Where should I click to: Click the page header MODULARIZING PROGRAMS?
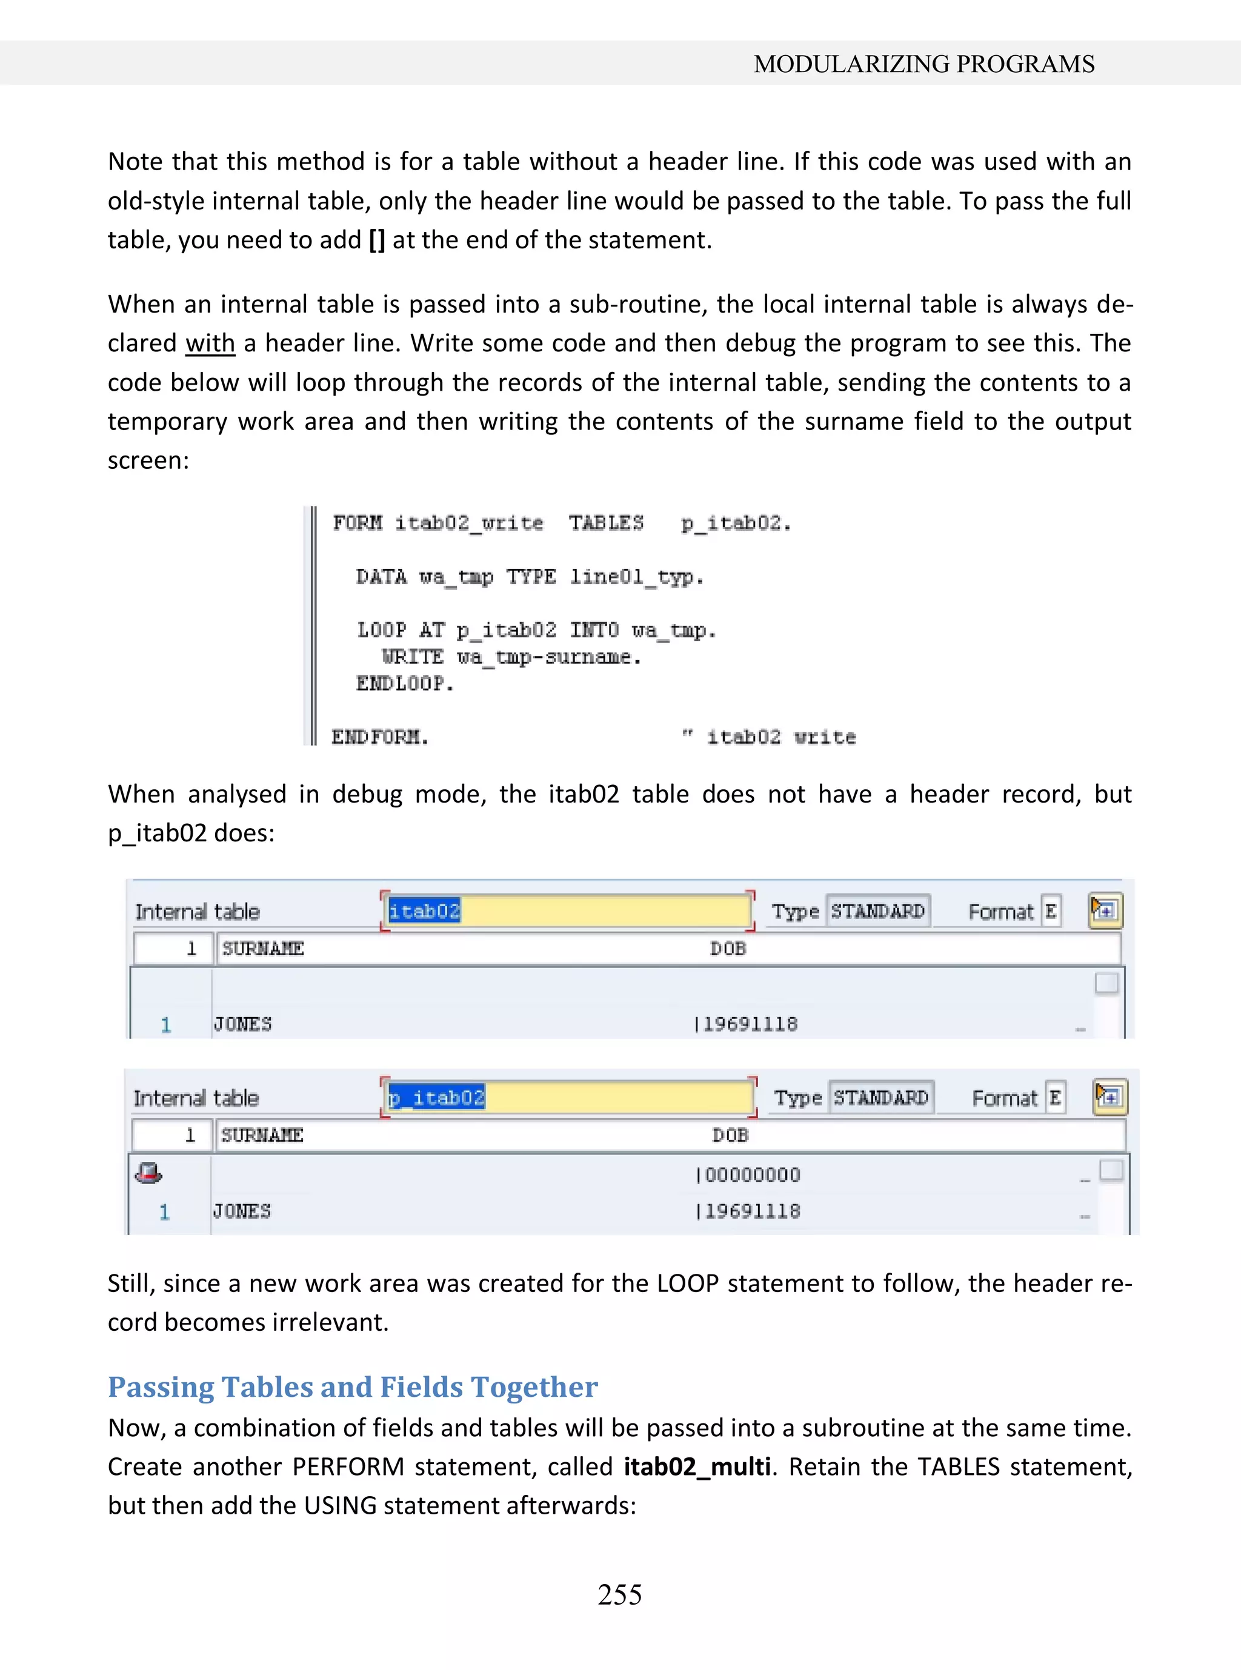coord(923,64)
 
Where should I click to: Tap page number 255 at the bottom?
coord(620,1594)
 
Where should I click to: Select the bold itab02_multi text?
coord(697,1466)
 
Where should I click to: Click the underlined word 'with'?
coord(210,343)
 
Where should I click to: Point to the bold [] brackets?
coord(377,240)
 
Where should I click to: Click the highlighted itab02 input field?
coord(567,911)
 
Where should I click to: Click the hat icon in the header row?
coord(148,1172)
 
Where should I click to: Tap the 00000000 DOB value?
coord(752,1175)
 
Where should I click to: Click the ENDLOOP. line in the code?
coord(405,683)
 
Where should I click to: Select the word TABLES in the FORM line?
coord(605,523)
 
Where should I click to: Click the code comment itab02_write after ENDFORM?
coord(780,737)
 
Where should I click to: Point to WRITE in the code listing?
coord(413,657)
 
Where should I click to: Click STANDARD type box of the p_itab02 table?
coord(880,1098)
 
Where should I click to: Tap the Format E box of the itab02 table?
coord(1050,912)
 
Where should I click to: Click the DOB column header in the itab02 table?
coord(728,949)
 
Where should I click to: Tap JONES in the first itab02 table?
coord(242,1024)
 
